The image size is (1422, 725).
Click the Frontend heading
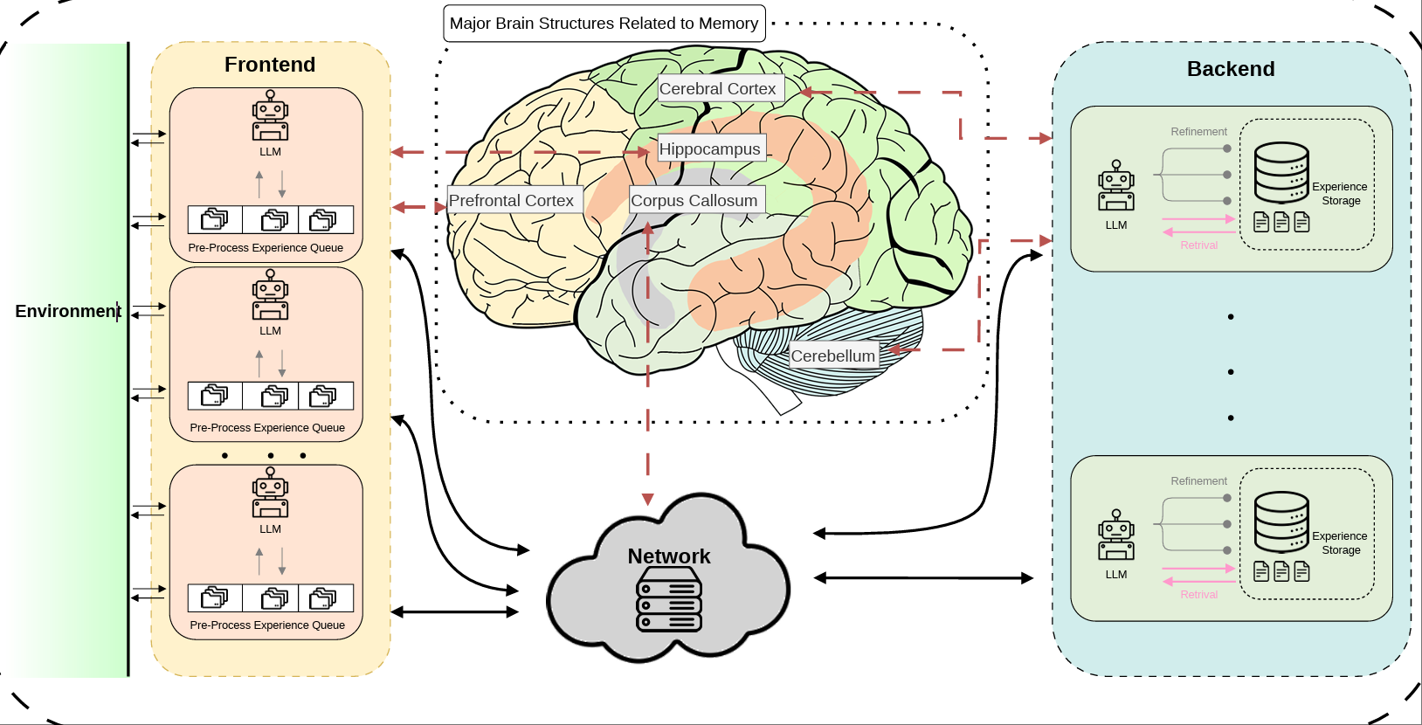pyautogui.click(x=269, y=65)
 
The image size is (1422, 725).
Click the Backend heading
pyautogui.click(x=1230, y=69)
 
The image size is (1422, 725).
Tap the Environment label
pyautogui.click(x=67, y=311)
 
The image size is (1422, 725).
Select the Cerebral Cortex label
pyautogui.click(x=717, y=89)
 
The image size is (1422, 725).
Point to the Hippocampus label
pyautogui.click(x=709, y=149)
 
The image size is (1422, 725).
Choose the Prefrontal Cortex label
pyautogui.click(x=511, y=201)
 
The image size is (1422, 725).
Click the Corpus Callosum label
pyautogui.click(x=694, y=201)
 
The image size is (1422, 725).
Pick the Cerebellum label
pyautogui.click(x=832, y=356)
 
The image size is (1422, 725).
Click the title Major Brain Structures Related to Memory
pyautogui.click(x=604, y=24)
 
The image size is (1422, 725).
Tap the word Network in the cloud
pyautogui.click(x=668, y=556)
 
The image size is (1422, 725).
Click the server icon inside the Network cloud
pyautogui.click(x=669, y=599)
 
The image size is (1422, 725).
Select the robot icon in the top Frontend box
pyautogui.click(x=270, y=115)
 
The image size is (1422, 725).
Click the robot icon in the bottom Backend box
pyautogui.click(x=1115, y=535)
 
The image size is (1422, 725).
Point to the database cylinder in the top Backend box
pyautogui.click(x=1281, y=172)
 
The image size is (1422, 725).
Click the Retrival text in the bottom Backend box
pyautogui.click(x=1198, y=595)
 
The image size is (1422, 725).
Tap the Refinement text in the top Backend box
pyautogui.click(x=1198, y=132)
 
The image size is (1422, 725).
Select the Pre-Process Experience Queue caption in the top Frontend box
pyautogui.click(x=266, y=248)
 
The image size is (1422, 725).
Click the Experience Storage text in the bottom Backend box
pyautogui.click(x=1340, y=543)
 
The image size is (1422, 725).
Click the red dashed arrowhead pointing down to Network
pyautogui.click(x=647, y=500)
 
